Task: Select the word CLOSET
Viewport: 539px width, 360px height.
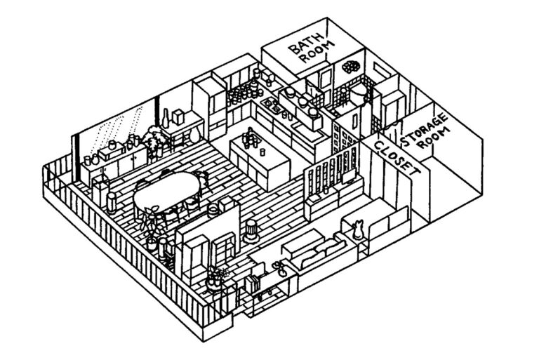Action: click(394, 158)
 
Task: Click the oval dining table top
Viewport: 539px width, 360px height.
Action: click(167, 189)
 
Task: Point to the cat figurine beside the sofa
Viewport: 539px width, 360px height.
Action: click(359, 229)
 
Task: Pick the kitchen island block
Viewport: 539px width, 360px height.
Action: click(261, 158)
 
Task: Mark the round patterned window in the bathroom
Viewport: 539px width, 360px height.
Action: click(350, 67)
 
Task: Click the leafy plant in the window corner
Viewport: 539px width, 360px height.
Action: click(153, 138)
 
